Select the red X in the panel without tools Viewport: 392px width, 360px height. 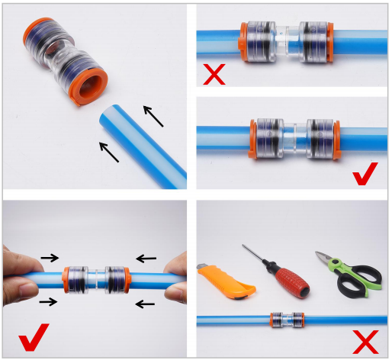(213, 75)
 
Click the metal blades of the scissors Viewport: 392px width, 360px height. (326, 259)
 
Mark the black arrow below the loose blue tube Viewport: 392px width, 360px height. (109, 151)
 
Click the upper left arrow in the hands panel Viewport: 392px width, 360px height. (50, 258)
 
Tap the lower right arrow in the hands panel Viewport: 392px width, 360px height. (145, 305)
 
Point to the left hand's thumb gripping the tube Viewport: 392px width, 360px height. (28, 288)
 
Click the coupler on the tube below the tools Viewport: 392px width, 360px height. (288, 320)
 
